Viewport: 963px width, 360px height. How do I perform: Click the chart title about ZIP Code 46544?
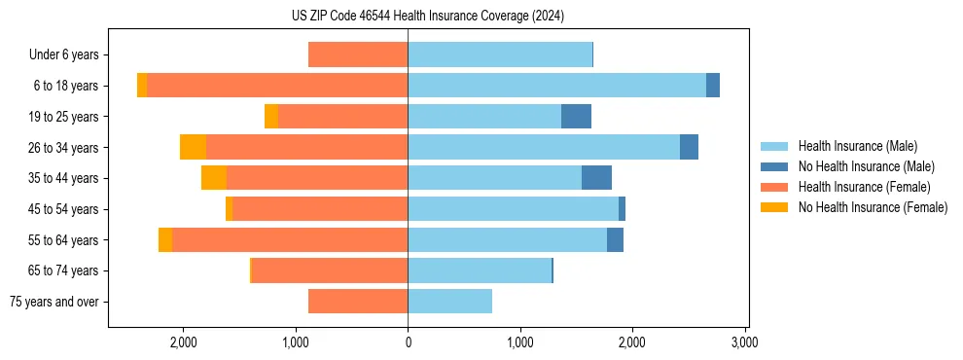point(427,16)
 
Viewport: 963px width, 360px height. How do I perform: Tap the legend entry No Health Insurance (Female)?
point(873,207)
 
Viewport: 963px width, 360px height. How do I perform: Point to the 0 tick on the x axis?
point(408,342)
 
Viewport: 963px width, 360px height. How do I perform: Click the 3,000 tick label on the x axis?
point(744,342)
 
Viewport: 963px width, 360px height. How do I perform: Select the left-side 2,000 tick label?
point(184,342)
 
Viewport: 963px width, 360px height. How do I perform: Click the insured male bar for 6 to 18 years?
point(556,86)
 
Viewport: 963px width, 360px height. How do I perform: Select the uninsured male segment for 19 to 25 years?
point(576,117)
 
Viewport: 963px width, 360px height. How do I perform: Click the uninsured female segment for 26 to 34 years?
point(193,148)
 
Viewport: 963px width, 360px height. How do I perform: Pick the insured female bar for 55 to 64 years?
point(290,240)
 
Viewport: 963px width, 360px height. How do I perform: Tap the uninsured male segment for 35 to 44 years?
point(596,178)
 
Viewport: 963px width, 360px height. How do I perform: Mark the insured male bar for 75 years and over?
point(449,302)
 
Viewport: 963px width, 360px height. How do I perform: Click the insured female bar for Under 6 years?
point(358,55)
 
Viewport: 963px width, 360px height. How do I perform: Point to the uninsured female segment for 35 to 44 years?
point(214,178)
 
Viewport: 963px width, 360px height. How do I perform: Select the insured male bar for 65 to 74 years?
point(480,270)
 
